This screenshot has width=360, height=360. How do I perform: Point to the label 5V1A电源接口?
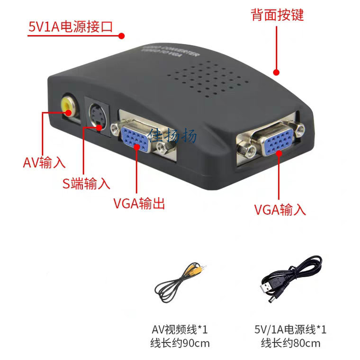71,27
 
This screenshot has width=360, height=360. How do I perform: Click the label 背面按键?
277,15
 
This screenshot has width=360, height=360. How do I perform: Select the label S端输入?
86,183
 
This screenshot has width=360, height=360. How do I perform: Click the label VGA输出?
139,204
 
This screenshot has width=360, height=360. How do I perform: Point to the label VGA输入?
280,209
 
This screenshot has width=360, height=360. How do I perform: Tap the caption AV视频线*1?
180,329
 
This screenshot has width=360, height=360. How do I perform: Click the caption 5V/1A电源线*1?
290,329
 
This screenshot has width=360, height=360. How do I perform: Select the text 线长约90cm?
180,343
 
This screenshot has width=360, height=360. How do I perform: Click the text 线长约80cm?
290,343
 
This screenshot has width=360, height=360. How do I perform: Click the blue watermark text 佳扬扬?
172,136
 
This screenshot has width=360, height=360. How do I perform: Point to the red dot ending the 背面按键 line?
277,72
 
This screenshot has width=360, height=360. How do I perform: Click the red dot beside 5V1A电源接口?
121,36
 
